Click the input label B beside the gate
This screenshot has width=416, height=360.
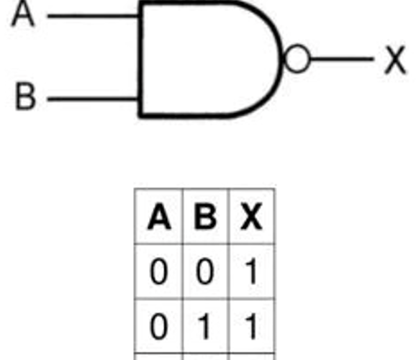tap(25, 96)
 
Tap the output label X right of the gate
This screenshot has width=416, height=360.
tap(395, 60)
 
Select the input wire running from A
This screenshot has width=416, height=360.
tap(93, 16)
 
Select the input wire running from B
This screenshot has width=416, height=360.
tap(93, 99)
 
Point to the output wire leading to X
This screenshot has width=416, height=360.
tap(342, 58)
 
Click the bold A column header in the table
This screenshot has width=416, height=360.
tap(159, 217)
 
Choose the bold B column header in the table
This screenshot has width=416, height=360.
tap(205, 217)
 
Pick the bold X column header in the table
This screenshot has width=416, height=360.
tap(251, 217)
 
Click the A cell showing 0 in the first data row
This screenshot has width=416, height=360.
tap(159, 272)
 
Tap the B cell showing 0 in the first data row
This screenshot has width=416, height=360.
tap(205, 272)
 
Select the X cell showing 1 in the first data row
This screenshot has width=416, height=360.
tap(251, 272)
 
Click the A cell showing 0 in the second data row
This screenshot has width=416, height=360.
tap(159, 327)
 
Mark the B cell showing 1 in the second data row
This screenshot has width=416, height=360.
tap(204, 327)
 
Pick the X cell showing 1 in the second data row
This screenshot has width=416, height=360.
tap(251, 327)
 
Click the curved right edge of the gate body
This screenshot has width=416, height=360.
tap(280, 59)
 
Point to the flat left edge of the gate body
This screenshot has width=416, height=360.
tap(140, 59)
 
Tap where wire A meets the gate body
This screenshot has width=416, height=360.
tap(138, 16)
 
